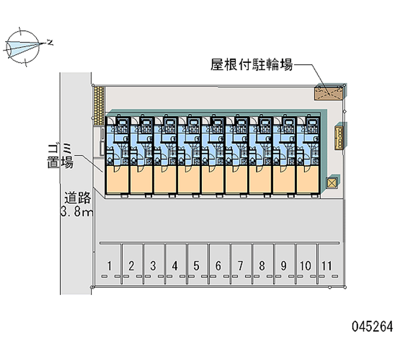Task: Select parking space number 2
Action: [131, 265]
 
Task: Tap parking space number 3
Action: [153, 265]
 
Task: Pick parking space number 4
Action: [175, 265]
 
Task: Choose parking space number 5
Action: [197, 265]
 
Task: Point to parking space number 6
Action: [218, 265]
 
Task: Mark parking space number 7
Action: [240, 265]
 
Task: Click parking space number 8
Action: [262, 265]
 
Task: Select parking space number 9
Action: [284, 265]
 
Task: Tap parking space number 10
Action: [305, 265]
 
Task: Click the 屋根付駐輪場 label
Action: [251, 65]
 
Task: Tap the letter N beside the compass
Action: [50, 42]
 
